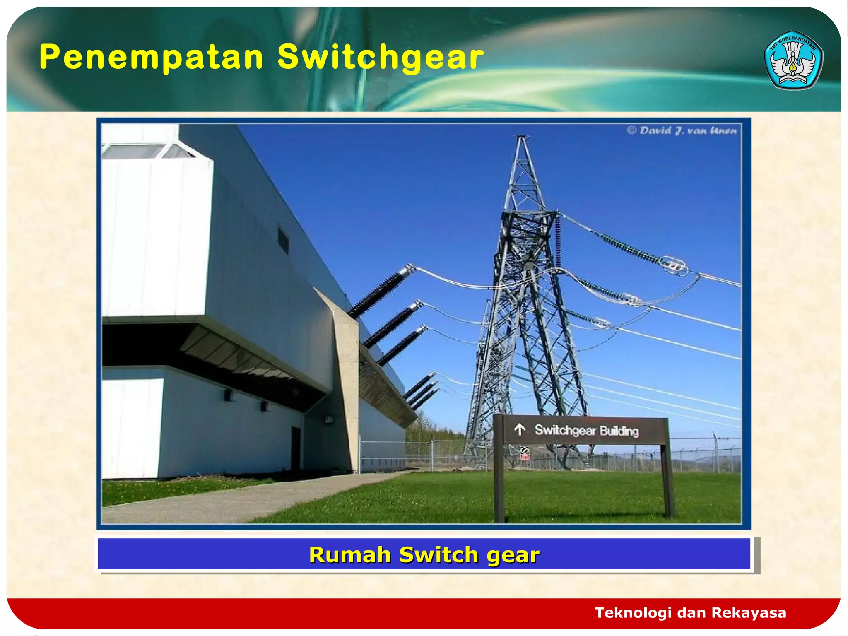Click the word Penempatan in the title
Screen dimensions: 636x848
[x=151, y=57]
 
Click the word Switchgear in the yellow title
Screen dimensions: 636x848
[x=380, y=57]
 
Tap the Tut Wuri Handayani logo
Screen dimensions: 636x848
[x=794, y=60]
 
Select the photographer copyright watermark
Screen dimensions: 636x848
[x=682, y=131]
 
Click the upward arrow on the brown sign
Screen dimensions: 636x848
[x=520, y=429]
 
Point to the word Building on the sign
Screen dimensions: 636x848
[x=619, y=431]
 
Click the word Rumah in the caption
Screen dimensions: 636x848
[x=350, y=555]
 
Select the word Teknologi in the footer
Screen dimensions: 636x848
[x=633, y=612]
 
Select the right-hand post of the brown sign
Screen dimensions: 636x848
[x=667, y=480]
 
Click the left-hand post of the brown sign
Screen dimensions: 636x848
[x=499, y=484]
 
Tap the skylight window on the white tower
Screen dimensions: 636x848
[x=132, y=152]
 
